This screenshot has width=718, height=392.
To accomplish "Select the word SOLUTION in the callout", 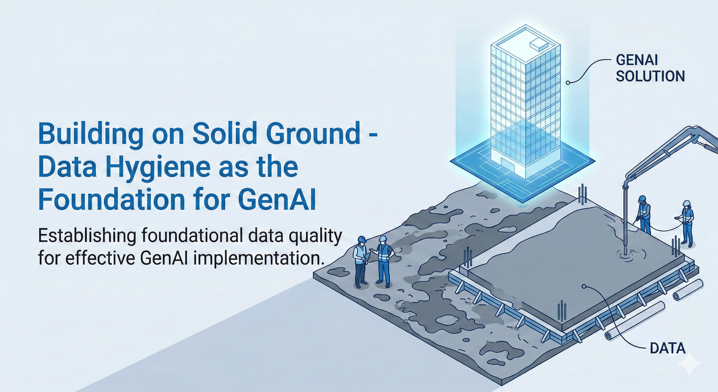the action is (650, 76).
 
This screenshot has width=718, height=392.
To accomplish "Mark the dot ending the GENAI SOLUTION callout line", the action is (568, 83).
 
